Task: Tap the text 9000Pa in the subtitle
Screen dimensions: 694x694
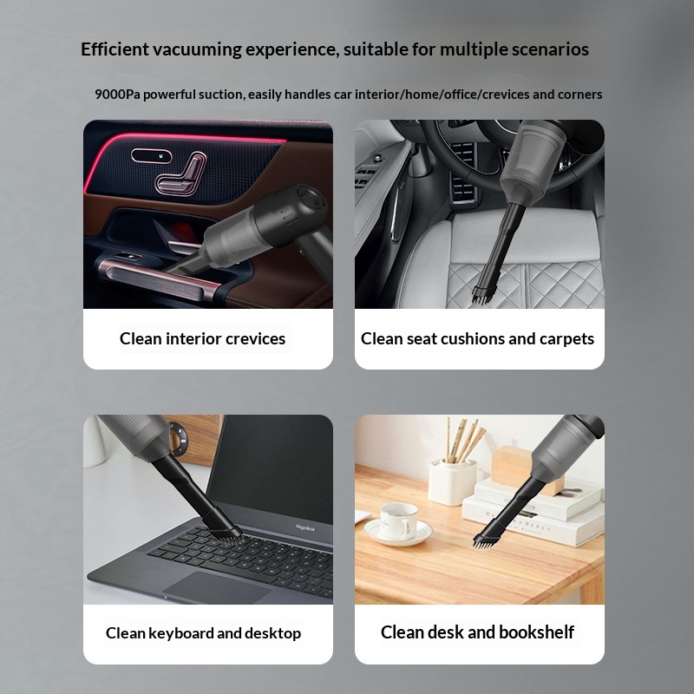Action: coord(117,94)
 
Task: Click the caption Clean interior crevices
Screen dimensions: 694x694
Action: coord(202,339)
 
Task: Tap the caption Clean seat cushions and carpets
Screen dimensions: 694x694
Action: coord(478,339)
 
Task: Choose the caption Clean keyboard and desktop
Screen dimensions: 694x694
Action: coord(203,633)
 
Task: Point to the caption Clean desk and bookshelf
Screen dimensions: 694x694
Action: coord(477,632)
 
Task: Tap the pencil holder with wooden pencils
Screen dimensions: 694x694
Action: coord(452,476)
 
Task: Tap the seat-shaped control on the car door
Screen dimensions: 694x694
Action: coord(180,174)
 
